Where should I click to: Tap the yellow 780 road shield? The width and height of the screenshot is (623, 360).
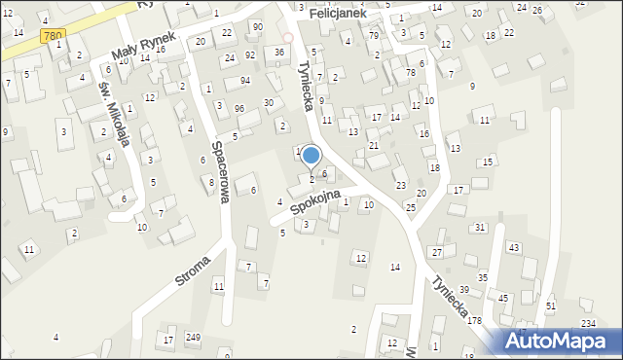(55, 36)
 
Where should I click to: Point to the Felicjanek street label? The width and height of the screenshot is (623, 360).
(338, 16)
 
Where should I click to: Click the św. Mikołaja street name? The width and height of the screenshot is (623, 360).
(114, 110)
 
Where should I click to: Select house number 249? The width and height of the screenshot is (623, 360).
(193, 338)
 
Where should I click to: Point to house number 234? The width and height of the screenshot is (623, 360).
(588, 323)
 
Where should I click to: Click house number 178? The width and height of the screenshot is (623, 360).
(474, 320)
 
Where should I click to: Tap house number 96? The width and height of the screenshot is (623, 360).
(238, 108)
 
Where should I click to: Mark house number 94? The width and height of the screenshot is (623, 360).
(245, 80)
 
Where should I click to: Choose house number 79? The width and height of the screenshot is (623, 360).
(374, 35)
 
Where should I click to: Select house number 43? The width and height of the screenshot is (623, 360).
(513, 247)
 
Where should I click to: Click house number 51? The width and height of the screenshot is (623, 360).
(551, 306)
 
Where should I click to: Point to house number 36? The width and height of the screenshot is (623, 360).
(279, 52)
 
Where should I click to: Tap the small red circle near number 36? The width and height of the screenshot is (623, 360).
(287, 38)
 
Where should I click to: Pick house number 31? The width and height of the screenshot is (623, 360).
(480, 227)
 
